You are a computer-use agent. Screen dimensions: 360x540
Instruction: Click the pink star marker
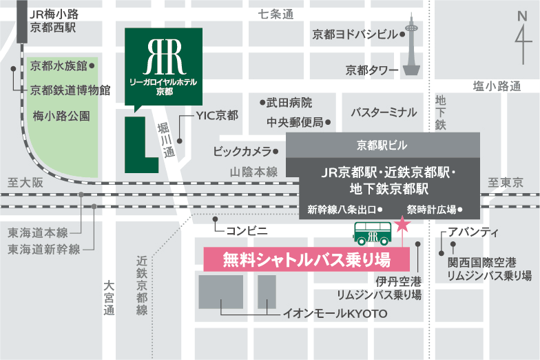402,225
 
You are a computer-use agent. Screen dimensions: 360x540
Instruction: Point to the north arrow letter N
521,17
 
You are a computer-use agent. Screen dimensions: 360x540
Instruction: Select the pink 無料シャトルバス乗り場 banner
307,260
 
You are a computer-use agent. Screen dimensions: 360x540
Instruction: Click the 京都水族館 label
59,66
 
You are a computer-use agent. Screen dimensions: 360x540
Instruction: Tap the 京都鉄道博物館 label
70,90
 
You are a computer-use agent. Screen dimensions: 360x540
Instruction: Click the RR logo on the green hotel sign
164,57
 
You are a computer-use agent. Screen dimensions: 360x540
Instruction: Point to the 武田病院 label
289,103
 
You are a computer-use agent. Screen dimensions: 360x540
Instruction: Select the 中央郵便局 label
295,123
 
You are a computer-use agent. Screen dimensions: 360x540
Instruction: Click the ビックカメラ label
242,151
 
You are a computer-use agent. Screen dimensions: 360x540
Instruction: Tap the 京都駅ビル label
382,145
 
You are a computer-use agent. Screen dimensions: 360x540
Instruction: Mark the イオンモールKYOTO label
335,314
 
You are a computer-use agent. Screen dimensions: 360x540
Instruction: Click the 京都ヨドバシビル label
355,34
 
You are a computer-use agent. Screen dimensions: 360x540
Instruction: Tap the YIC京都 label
216,116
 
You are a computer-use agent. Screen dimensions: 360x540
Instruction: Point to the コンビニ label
244,227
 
